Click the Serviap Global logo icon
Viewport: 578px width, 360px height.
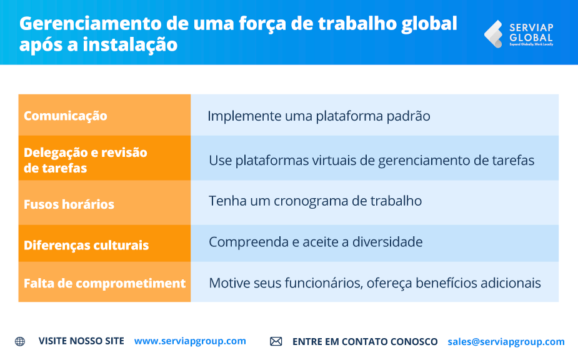[x=493, y=34]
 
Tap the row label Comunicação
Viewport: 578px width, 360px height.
[x=65, y=116]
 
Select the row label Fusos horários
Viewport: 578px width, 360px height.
[x=69, y=204]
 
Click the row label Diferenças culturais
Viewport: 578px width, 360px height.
[x=86, y=245]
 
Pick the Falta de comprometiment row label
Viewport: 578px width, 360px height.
[x=104, y=283]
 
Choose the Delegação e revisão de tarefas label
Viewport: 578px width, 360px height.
[x=85, y=160]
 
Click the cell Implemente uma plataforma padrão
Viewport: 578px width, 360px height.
[x=319, y=116]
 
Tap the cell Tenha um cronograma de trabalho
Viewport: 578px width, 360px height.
[x=315, y=201]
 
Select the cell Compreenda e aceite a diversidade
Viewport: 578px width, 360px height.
[x=316, y=242]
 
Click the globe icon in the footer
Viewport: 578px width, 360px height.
[x=20, y=341]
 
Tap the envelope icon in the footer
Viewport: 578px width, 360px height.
[x=276, y=341]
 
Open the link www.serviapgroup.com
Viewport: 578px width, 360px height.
[x=190, y=341]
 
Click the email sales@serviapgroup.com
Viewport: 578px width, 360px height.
[x=506, y=342]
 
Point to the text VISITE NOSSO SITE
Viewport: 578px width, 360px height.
[x=81, y=341]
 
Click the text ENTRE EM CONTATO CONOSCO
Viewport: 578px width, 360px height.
[x=365, y=342]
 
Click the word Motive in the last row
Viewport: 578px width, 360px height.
[x=229, y=283]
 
